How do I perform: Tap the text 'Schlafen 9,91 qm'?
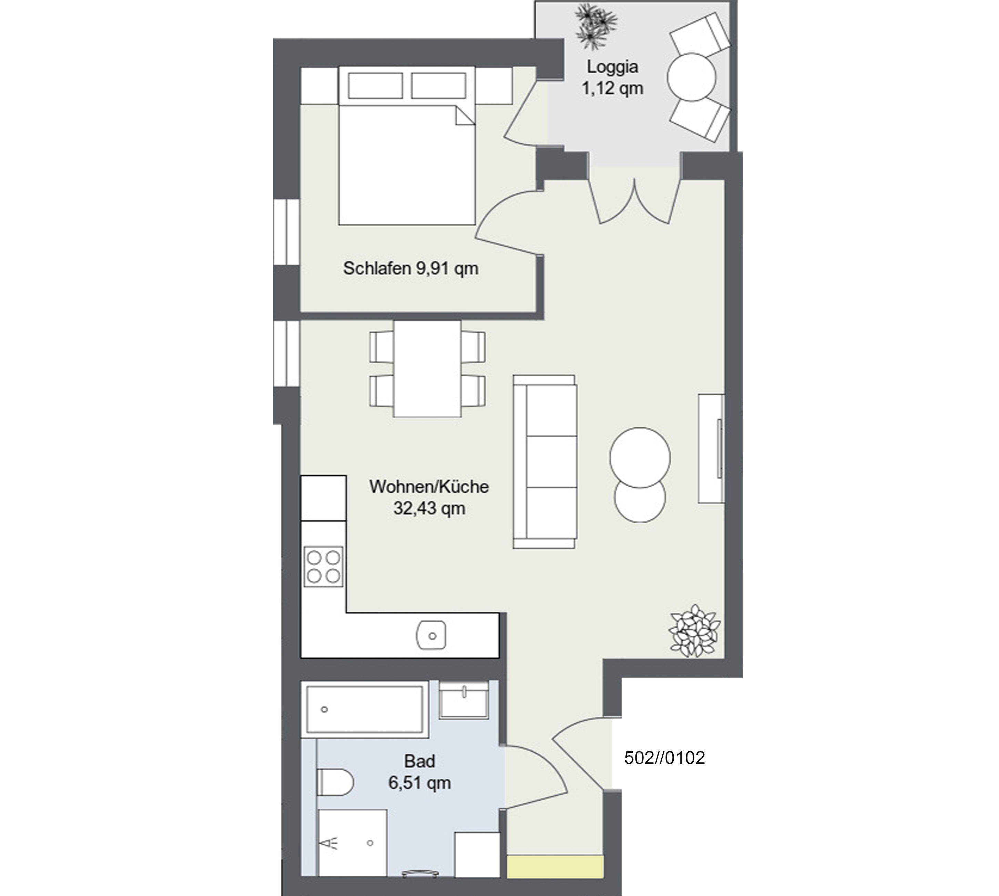(x=410, y=268)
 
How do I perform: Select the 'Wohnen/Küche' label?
(x=429, y=487)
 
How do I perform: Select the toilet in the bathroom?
(x=335, y=782)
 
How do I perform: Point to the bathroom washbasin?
(x=463, y=700)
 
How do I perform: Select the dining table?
(x=427, y=369)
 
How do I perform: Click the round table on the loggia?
(x=691, y=77)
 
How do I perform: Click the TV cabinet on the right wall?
(x=711, y=448)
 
